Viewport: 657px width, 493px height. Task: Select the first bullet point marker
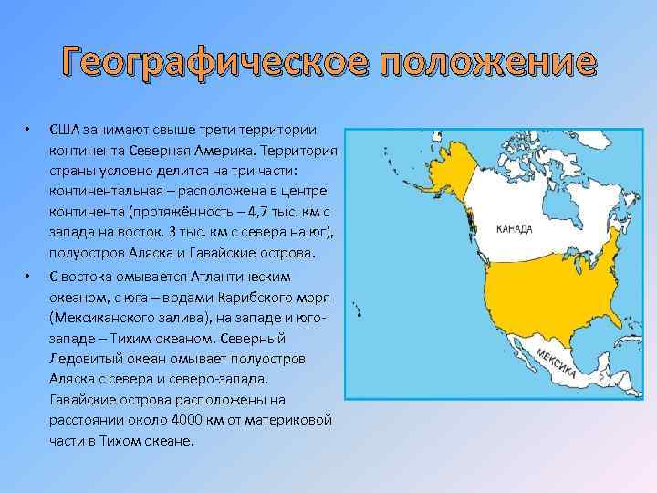pos(29,128)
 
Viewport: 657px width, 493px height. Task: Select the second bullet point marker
pos(29,277)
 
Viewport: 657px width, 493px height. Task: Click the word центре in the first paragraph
pos(304,192)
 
